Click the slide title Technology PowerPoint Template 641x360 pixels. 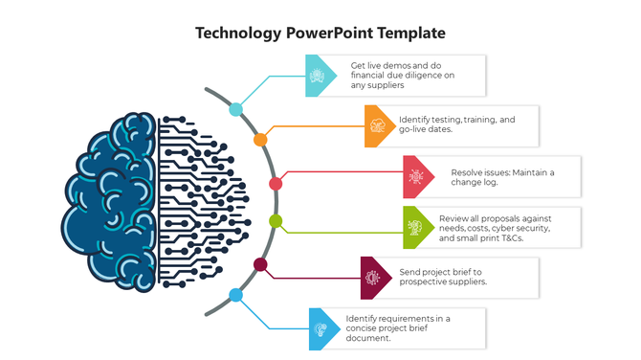320,33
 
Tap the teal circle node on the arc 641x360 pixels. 235,110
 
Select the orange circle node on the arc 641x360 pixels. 260,140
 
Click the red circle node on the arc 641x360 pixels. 276,183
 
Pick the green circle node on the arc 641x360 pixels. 276,222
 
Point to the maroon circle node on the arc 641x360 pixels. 260,264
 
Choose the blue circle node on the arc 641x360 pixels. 235,295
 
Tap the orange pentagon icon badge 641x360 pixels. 378,125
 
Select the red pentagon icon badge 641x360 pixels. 416,177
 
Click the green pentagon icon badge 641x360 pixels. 416,227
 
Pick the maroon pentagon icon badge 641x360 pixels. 373,277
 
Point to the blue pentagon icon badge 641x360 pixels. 321,328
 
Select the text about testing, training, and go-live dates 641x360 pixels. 456,125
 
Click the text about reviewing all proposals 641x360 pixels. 495,228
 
